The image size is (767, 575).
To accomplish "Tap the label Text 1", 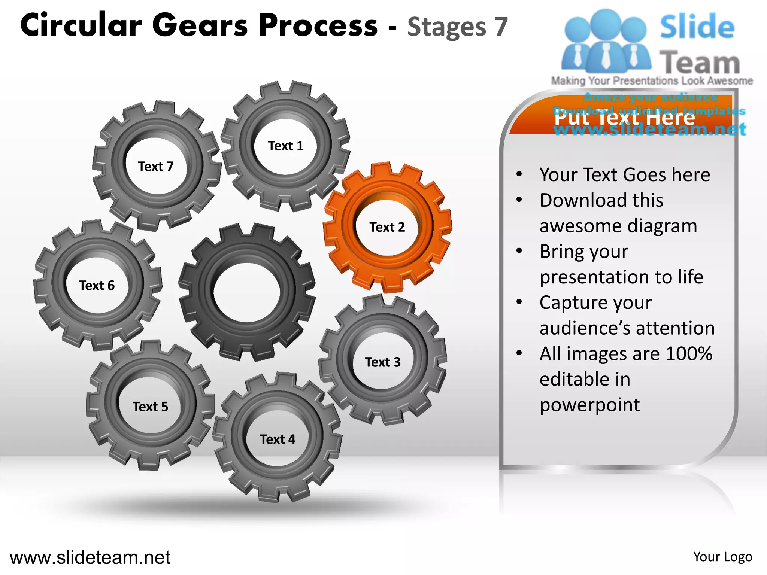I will [x=285, y=146].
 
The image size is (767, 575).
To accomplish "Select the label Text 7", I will [x=155, y=166].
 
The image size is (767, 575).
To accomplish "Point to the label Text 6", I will [x=97, y=285].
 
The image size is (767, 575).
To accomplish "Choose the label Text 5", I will [x=150, y=407].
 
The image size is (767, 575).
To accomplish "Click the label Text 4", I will [x=278, y=439].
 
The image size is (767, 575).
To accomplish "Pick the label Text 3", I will [x=383, y=362].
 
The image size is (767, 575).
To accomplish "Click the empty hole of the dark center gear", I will [x=247, y=292].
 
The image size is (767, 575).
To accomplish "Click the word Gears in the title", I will [x=200, y=25].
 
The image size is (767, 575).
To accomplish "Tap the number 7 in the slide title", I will [x=501, y=27].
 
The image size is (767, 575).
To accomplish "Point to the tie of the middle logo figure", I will [x=606, y=56].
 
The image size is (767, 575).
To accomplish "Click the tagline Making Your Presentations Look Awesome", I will [x=652, y=81].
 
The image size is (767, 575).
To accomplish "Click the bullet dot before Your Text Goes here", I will [x=519, y=174].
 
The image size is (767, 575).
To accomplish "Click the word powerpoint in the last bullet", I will [x=589, y=405].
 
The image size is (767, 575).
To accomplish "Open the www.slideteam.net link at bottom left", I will [x=90, y=557].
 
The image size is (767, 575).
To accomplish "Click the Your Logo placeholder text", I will [x=722, y=557].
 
